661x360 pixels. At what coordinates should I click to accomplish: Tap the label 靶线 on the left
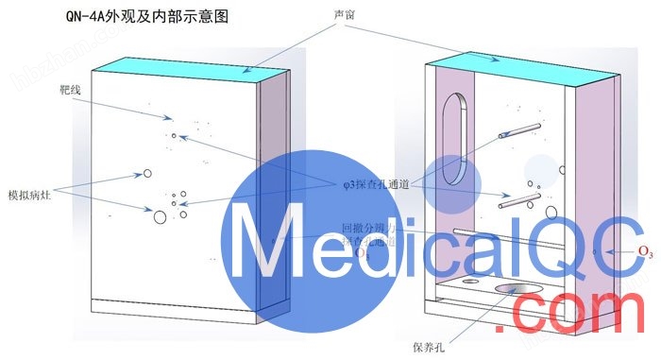(68, 94)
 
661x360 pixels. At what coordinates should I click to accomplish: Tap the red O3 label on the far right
(646, 251)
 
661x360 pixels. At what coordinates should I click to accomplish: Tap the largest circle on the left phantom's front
(160, 217)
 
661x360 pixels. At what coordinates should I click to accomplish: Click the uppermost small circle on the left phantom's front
(173, 136)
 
